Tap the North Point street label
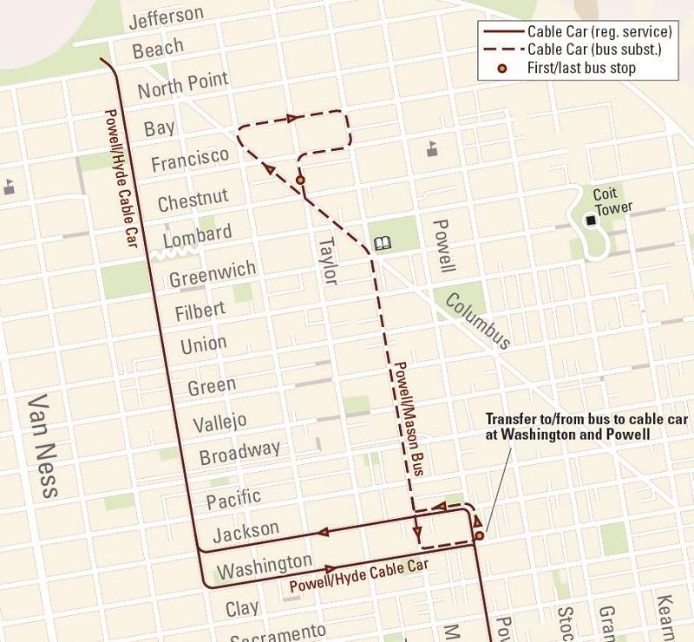pyautogui.click(x=182, y=85)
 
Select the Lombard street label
pyautogui.click(x=195, y=234)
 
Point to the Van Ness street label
pyautogui.click(x=43, y=446)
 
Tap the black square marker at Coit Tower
pyautogui.click(x=591, y=221)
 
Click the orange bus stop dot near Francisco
pyautogui.click(x=300, y=180)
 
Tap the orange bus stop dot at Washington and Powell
pyautogui.click(x=479, y=536)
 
